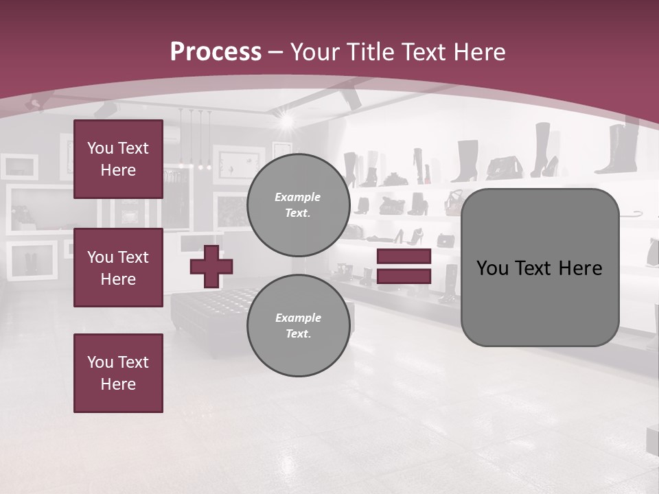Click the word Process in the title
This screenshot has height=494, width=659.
[x=216, y=52]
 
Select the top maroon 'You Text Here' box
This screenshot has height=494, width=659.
[x=118, y=159]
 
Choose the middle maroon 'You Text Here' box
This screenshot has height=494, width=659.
[x=118, y=268]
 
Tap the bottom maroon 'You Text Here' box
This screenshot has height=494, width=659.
[x=118, y=373]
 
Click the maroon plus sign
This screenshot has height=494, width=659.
[x=211, y=266]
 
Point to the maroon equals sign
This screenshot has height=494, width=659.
[x=404, y=266]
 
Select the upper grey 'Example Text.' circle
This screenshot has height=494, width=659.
[x=298, y=204]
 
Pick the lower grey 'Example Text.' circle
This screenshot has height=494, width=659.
[x=298, y=325]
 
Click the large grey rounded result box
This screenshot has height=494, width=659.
[x=540, y=268]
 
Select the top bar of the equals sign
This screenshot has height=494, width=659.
[x=404, y=257]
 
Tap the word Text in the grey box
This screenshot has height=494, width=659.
[x=535, y=268]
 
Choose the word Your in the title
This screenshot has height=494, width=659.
[x=316, y=52]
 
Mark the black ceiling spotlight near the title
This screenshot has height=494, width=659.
[x=351, y=98]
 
